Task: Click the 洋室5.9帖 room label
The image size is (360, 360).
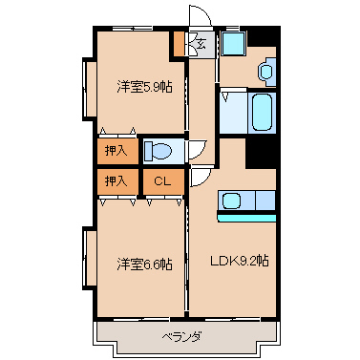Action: [x=144, y=87]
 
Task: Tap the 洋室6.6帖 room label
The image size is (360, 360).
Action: [x=144, y=265]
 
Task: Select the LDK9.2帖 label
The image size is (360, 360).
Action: [x=240, y=261]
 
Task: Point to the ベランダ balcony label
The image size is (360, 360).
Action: [x=182, y=336]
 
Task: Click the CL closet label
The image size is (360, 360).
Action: [x=162, y=181]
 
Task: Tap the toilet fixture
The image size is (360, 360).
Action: [x=158, y=151]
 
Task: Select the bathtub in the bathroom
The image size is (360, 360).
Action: [x=263, y=112]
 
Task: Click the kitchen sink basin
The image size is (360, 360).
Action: [x=232, y=201]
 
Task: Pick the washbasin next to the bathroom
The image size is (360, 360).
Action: [x=266, y=72]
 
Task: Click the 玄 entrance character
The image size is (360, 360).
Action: [x=201, y=43]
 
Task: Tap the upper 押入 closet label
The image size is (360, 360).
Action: [x=116, y=151]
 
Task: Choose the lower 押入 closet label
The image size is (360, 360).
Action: [x=116, y=181]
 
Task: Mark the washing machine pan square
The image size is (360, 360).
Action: [x=233, y=44]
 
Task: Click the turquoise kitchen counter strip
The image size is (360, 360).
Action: [x=246, y=218]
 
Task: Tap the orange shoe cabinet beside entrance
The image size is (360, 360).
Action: [x=179, y=44]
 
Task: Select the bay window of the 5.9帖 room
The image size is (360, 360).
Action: [x=89, y=89]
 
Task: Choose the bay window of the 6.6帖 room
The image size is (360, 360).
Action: [x=89, y=258]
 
